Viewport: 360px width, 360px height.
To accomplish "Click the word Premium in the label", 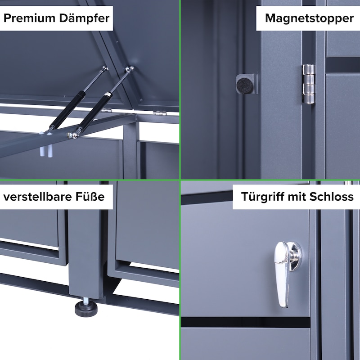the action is pos(29,18).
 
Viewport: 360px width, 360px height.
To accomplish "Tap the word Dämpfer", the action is pos(84,18).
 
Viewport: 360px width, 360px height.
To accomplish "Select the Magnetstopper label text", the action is pos(309,18).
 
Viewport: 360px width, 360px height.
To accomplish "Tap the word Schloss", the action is pos(331,197).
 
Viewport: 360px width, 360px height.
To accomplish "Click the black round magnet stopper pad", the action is pos(245,85).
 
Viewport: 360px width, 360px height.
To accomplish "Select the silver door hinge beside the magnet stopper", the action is pos(308,84).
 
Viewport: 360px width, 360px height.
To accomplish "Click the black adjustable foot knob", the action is pos(86,309).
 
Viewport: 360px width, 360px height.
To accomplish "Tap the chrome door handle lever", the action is pos(282,274).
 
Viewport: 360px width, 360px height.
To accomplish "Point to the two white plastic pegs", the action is pos(46,151).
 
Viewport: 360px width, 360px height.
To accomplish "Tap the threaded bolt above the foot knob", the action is pos(86,300).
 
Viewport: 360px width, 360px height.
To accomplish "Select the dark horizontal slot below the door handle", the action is pos(245,322).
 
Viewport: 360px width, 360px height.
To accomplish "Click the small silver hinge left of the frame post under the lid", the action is pos(107,111).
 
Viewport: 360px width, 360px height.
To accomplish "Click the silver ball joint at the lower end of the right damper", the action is pos(73,135).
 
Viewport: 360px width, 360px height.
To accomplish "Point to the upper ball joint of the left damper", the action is pos(105,68).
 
